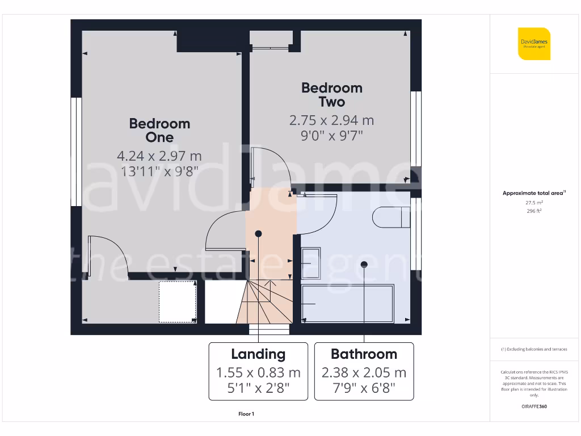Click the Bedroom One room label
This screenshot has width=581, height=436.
tap(159, 130)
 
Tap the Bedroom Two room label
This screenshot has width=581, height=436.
tap(331, 95)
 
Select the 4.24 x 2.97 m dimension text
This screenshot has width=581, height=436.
tap(159, 156)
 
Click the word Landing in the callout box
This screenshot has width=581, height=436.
tap(258, 354)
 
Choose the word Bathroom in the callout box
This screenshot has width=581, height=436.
tap(364, 354)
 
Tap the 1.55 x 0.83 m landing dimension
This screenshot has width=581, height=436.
tap(258, 373)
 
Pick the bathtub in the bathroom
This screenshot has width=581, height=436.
tap(347, 304)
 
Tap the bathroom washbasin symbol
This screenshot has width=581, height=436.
tap(311, 262)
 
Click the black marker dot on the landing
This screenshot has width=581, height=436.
tap(259, 233)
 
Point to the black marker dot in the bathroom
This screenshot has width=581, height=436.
tap(364, 264)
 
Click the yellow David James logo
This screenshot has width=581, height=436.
tap(534, 44)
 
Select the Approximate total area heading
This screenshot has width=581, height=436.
tap(533, 194)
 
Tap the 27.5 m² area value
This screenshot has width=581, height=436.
tap(534, 202)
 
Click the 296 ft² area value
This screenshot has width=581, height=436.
tap(534, 211)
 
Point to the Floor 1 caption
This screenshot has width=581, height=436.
tap(246, 414)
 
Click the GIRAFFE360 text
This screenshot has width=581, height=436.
tap(534, 406)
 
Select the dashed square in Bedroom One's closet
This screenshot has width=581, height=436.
tap(178, 301)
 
